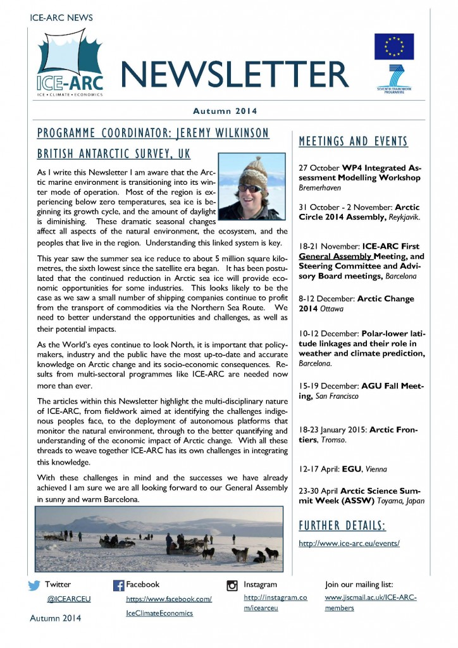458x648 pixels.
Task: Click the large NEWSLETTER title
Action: [235, 74]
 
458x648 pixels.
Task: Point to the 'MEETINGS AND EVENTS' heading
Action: [353, 142]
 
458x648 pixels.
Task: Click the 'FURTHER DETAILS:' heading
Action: [342, 526]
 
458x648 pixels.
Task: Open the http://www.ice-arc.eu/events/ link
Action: [349, 544]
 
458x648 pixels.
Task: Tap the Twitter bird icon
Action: [34, 585]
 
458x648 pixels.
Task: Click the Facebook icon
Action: [118, 585]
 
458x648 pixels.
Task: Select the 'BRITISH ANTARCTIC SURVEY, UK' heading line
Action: [114, 154]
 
